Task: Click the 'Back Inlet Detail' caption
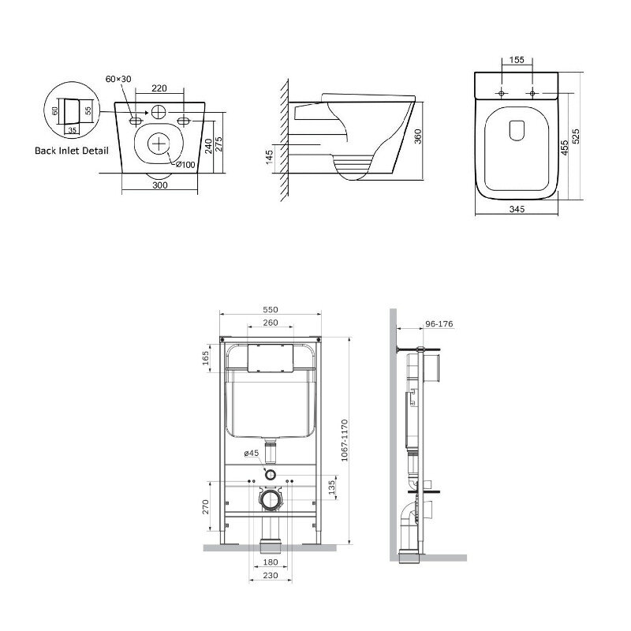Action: [x=72, y=151]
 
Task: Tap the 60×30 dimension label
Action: [x=118, y=79]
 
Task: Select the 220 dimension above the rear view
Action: [x=159, y=88]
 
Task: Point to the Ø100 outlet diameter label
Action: [x=185, y=165]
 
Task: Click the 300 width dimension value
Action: [x=160, y=185]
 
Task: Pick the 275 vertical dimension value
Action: [x=219, y=144]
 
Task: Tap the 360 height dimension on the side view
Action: [x=418, y=136]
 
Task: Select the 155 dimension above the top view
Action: [x=517, y=60]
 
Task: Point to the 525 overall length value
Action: [x=577, y=136]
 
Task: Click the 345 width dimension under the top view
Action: [x=517, y=209]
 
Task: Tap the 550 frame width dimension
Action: [x=271, y=309]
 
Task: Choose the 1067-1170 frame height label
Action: [x=344, y=440]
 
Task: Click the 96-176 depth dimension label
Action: [x=439, y=323]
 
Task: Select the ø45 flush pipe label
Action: [x=252, y=453]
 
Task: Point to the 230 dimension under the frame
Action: [x=271, y=576]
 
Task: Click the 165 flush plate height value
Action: [x=206, y=358]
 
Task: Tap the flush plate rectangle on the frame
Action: [x=270, y=358]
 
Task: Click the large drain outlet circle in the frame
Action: [x=271, y=500]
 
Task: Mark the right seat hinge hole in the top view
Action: [x=532, y=93]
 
